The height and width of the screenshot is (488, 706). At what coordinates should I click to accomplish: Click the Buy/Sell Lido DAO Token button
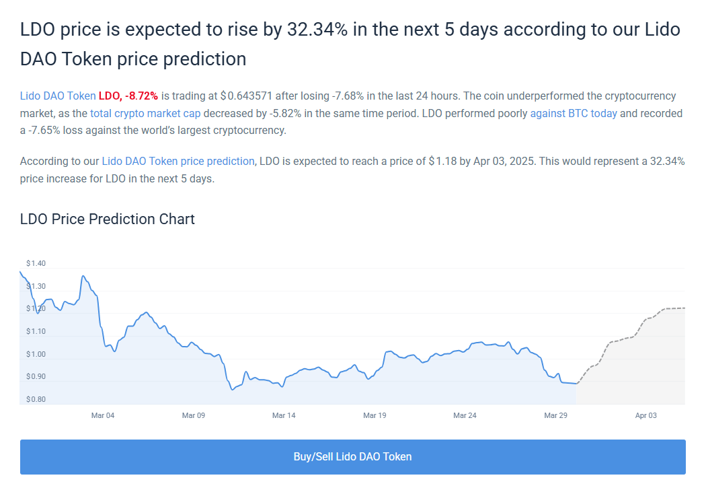352,456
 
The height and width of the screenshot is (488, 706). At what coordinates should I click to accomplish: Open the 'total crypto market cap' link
145,113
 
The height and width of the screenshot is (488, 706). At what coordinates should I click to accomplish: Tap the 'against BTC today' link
574,113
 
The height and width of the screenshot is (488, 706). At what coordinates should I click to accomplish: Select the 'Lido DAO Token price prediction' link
178,162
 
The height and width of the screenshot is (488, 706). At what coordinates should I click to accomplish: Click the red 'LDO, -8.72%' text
128,96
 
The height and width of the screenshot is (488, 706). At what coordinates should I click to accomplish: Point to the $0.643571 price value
246,96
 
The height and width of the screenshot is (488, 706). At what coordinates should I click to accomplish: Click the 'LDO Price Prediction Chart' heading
107,219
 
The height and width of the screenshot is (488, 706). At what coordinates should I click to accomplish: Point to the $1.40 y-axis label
36,263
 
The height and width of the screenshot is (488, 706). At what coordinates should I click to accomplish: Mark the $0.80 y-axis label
36,399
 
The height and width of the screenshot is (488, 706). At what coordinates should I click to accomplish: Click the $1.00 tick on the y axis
36,354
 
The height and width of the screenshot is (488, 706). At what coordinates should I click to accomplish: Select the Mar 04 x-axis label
103,415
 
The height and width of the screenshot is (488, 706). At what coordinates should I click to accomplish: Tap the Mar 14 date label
284,415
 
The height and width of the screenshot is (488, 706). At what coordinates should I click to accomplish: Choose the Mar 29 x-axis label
555,415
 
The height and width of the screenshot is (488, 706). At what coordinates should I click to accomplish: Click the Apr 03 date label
645,415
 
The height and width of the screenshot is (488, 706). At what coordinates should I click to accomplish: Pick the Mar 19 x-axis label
375,415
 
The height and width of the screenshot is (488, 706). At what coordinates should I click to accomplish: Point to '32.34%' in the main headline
317,30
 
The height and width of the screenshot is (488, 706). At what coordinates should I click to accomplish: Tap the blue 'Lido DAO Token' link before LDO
58,96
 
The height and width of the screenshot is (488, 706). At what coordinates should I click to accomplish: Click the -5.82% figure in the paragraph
286,113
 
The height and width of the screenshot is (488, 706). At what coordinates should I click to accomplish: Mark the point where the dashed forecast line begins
577,384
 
